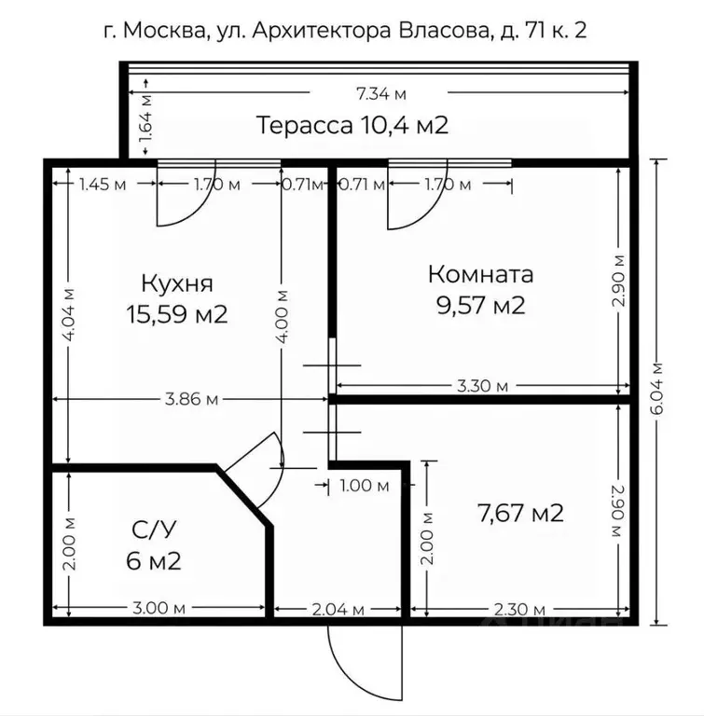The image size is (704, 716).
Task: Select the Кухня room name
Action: click(x=177, y=282)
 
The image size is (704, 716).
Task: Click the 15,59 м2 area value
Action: click(x=177, y=314)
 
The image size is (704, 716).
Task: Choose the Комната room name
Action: click(x=480, y=274)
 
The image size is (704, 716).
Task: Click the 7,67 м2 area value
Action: click(x=519, y=512)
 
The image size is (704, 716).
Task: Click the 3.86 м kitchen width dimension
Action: click(x=191, y=399)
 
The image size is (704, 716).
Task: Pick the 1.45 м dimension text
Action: click(x=102, y=184)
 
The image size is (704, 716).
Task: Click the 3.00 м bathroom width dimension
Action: click(x=154, y=609)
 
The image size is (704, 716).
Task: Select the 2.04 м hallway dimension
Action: click(x=339, y=609)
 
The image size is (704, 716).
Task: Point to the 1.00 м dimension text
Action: click(x=364, y=485)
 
